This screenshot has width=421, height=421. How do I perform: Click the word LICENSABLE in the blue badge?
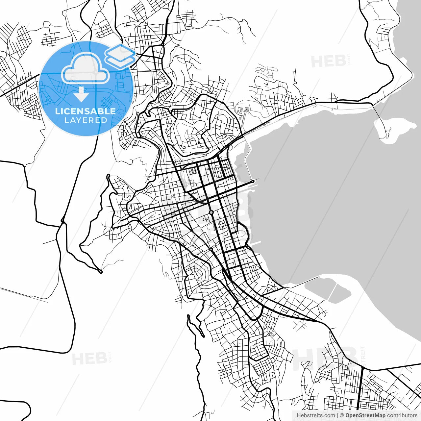[85, 111]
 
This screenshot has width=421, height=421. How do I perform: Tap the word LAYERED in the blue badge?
[86, 120]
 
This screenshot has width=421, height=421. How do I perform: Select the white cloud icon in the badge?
[86, 68]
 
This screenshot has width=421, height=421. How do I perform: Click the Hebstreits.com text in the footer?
[316, 415]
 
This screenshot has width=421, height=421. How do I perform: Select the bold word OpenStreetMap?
[365, 415]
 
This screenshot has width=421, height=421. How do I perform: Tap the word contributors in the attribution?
[402, 415]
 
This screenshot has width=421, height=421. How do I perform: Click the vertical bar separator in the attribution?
[337, 415]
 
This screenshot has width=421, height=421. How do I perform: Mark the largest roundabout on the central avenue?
[211, 212]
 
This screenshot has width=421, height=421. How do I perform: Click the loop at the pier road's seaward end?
[252, 181]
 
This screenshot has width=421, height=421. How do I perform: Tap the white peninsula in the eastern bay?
[395, 128]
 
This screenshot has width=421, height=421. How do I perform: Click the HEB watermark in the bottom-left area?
[89, 359]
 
